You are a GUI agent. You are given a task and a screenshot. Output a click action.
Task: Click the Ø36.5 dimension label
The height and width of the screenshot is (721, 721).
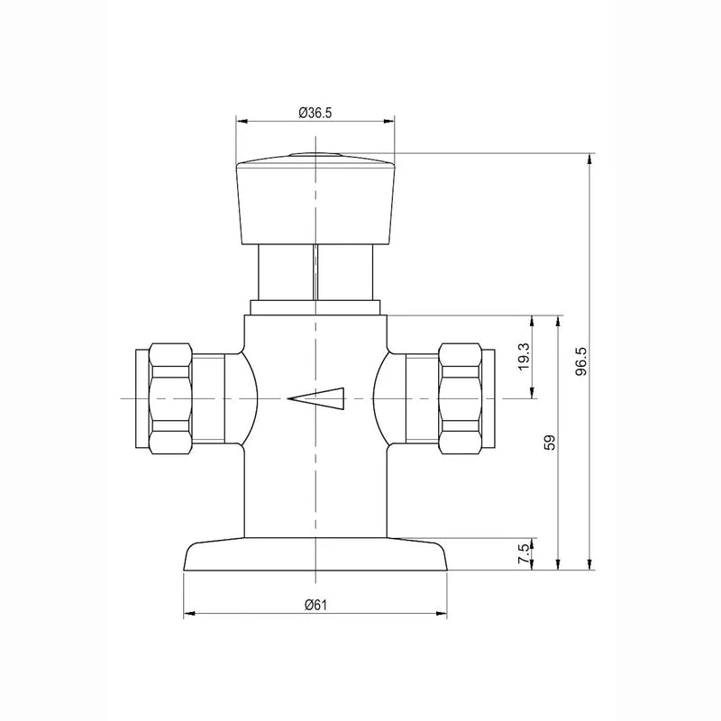[315, 113]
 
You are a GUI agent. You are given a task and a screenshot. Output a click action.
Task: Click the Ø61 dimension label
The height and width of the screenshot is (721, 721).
[315, 604]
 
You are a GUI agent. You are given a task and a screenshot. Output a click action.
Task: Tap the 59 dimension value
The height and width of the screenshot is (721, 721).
[552, 442]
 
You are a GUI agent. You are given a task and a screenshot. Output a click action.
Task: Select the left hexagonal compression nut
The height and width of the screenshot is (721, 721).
[171, 397]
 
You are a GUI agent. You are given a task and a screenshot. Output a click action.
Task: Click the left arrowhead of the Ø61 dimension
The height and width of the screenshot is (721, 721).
[188, 616]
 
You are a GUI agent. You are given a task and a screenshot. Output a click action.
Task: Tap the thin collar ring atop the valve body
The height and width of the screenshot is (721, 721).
[315, 307]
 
